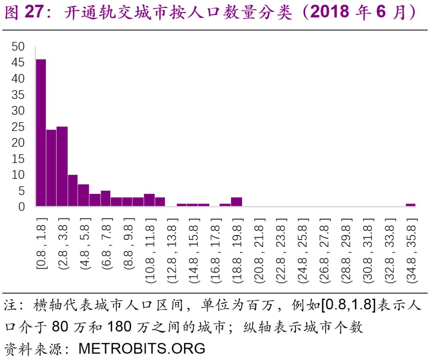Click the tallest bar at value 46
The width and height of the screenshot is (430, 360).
pyautogui.click(x=41, y=133)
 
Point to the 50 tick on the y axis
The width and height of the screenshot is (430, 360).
pyautogui.click(x=18, y=47)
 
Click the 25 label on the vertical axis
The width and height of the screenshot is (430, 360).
pyautogui.click(x=18, y=127)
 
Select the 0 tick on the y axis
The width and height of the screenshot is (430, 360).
pyautogui.click(x=21, y=206)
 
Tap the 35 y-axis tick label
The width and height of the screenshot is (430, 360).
pyautogui.click(x=18, y=95)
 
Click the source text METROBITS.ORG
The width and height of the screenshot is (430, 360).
pyautogui.click(x=142, y=348)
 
